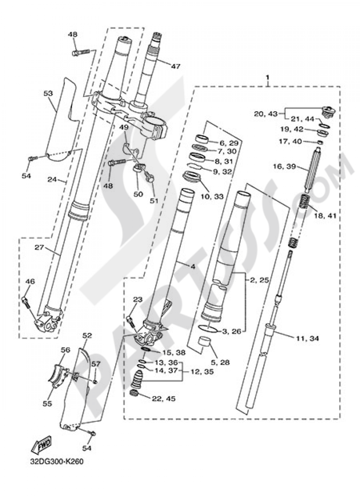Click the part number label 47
point(175,66)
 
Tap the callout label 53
point(48,93)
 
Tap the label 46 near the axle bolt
point(30,282)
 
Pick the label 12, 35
point(202,371)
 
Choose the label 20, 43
point(266,114)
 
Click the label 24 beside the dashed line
point(52,179)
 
